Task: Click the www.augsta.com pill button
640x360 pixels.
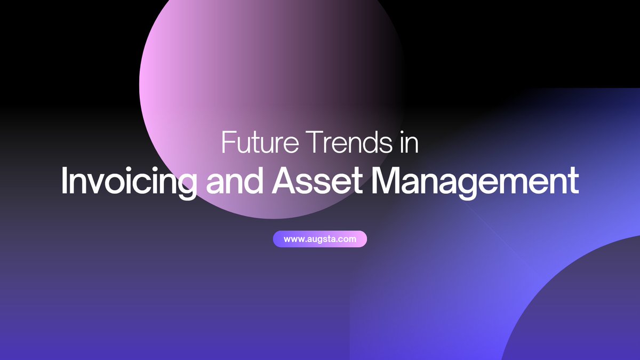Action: [x=320, y=239]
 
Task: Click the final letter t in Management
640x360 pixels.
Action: [x=574, y=181]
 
